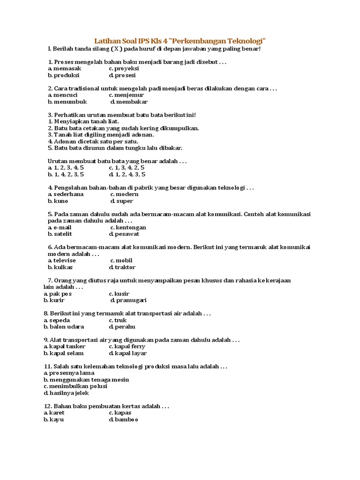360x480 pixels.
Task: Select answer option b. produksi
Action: tap(64, 75)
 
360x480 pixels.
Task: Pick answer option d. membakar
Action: tap(129, 101)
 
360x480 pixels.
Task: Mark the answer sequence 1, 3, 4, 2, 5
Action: tap(127, 167)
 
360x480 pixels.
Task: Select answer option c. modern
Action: tap(125, 194)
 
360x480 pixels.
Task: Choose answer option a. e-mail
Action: tap(60, 227)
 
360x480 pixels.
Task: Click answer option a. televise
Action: tap(62, 260)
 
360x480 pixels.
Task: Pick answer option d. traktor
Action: tap(122, 267)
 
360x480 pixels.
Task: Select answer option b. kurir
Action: tap(54, 300)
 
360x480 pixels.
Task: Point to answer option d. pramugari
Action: tap(128, 300)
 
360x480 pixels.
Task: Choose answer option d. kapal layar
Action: tap(128, 353)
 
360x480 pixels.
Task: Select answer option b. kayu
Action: tap(54, 420)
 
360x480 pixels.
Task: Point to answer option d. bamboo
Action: tap(124, 420)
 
